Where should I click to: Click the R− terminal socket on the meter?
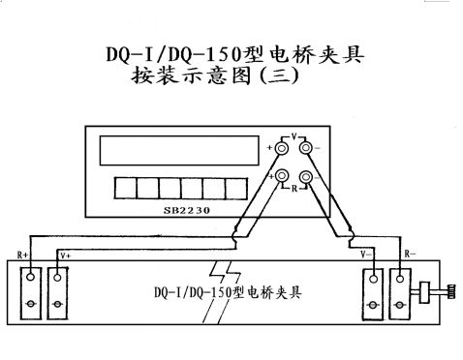[306, 176]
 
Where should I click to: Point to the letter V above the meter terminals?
[294, 136]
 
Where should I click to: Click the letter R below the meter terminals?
[294, 190]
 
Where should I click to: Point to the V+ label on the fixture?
[65, 254]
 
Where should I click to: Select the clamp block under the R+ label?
[32, 291]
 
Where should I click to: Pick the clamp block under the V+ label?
[59, 291]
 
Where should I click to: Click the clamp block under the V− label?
[372, 291]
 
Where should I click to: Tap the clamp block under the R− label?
[400, 291]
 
